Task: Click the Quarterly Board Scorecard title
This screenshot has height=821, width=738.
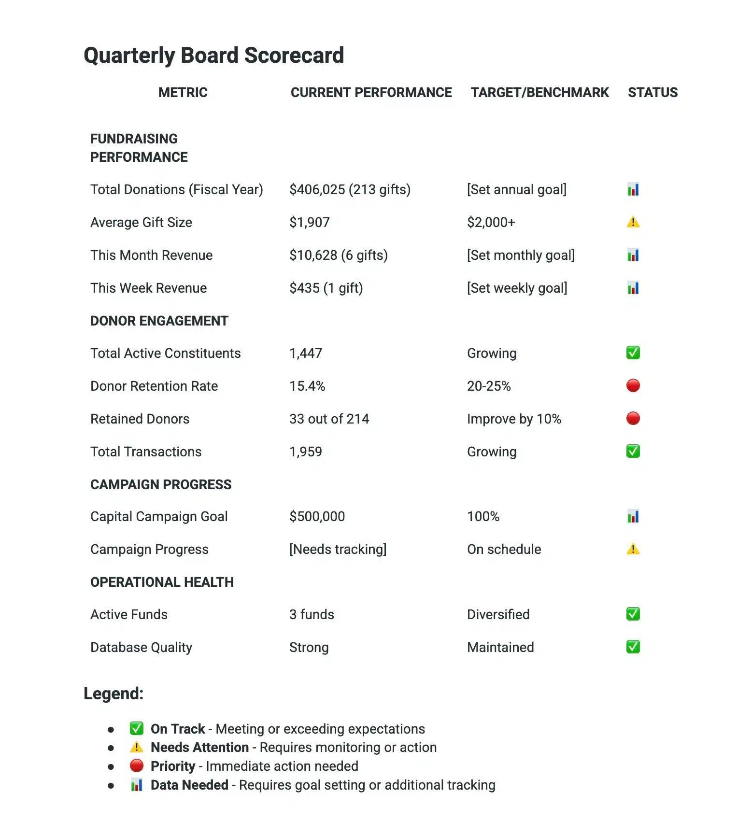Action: pyautogui.click(x=213, y=55)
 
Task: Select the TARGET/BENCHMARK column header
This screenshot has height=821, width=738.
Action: pyautogui.click(x=539, y=92)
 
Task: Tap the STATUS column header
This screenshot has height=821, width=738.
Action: pyautogui.click(x=653, y=92)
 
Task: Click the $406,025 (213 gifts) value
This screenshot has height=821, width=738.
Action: pyautogui.click(x=350, y=189)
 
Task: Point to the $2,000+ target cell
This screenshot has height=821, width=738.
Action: pyautogui.click(x=491, y=222)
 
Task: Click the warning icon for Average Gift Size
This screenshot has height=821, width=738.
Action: pyautogui.click(x=633, y=222)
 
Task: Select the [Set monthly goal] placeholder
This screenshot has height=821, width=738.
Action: pyautogui.click(x=521, y=255)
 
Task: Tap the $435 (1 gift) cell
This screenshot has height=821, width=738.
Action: pyautogui.click(x=326, y=288)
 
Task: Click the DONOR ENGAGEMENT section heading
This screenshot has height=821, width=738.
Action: pyautogui.click(x=159, y=321)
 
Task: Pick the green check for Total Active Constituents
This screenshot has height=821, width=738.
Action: pyautogui.click(x=633, y=353)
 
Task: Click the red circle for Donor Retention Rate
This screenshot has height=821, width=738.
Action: pyautogui.click(x=633, y=386)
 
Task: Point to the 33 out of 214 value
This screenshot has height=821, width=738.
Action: pyautogui.click(x=329, y=419)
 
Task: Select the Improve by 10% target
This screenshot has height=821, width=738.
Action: pyautogui.click(x=514, y=419)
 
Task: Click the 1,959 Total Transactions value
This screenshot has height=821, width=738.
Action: pyautogui.click(x=305, y=452)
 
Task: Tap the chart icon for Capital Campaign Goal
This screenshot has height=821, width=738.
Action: pyautogui.click(x=633, y=516)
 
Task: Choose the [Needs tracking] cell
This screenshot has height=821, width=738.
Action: pyautogui.click(x=338, y=549)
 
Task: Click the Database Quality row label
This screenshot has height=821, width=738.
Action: pyautogui.click(x=141, y=647)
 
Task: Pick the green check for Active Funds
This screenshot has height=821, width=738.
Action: pyautogui.click(x=633, y=614)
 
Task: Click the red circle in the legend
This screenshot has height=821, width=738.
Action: pyautogui.click(x=137, y=766)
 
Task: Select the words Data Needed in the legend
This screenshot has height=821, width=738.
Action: pyautogui.click(x=189, y=785)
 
